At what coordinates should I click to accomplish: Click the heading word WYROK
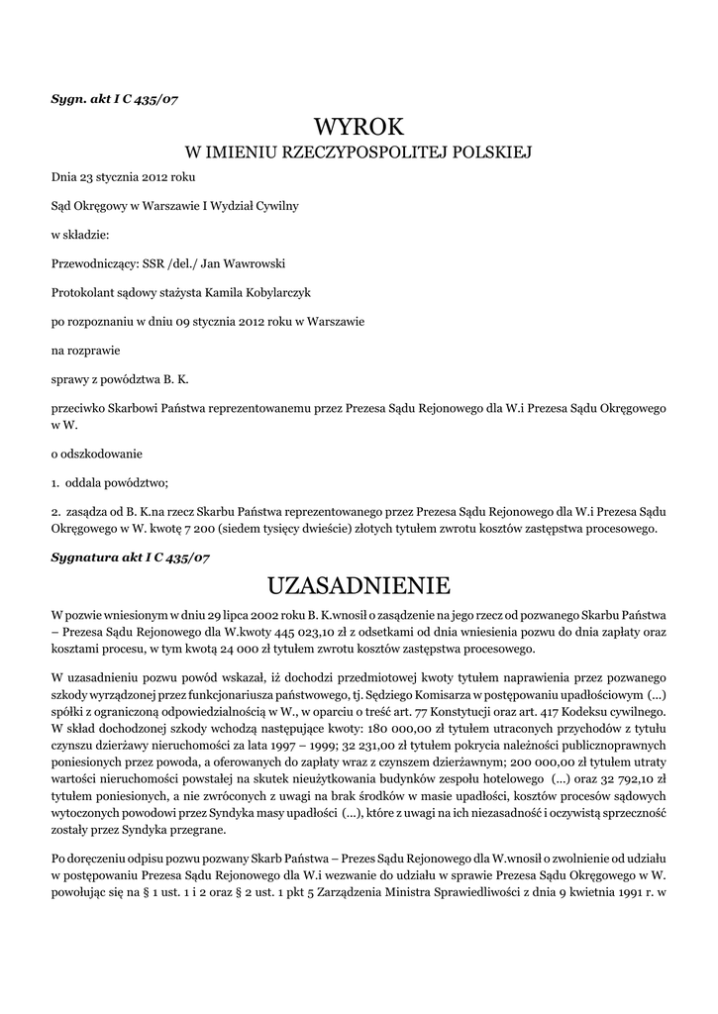tap(359, 127)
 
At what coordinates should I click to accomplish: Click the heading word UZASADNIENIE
tap(359, 581)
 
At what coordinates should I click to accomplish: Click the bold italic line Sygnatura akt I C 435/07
tap(131, 558)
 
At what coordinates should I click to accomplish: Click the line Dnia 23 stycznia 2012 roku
tap(124, 177)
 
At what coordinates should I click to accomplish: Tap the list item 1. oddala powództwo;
tap(111, 483)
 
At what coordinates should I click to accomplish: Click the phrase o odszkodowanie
tap(97, 455)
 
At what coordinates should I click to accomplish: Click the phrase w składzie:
tap(80, 235)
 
